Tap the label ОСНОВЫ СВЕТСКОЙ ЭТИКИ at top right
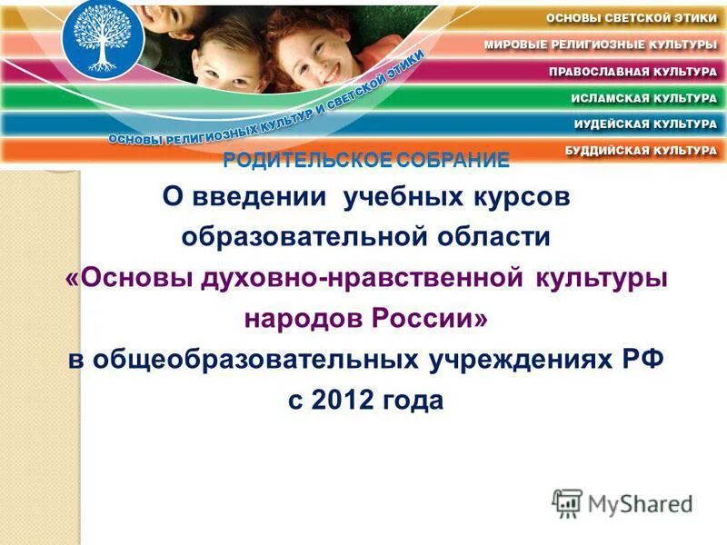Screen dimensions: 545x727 [631, 18]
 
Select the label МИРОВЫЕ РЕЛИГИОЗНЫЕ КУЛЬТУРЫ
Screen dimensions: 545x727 [600, 44]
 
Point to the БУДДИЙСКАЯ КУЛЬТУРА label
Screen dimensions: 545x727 [642, 148]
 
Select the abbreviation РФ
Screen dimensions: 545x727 [639, 358]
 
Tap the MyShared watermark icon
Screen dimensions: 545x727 [568, 502]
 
